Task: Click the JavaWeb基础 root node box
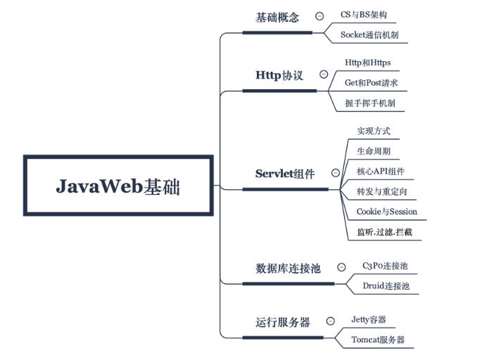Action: click(118, 186)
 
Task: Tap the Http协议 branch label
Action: click(279, 75)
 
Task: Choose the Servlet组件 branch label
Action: click(284, 174)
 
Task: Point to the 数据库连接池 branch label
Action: click(287, 268)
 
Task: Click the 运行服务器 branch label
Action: click(282, 322)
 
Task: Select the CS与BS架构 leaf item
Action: click(363, 14)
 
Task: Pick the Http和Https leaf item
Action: click(367, 63)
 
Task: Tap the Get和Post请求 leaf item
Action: click(372, 83)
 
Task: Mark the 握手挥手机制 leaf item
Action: click(369, 103)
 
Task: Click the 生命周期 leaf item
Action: click(374, 151)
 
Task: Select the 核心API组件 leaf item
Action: click(380, 171)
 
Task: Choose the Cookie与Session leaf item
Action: click(386, 211)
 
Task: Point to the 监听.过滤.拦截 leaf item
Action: click(384, 231)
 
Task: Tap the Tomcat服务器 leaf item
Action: click(378, 340)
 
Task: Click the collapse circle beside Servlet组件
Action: click(336, 173)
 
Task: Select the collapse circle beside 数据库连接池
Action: click(341, 267)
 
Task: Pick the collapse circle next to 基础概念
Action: click(319, 16)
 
